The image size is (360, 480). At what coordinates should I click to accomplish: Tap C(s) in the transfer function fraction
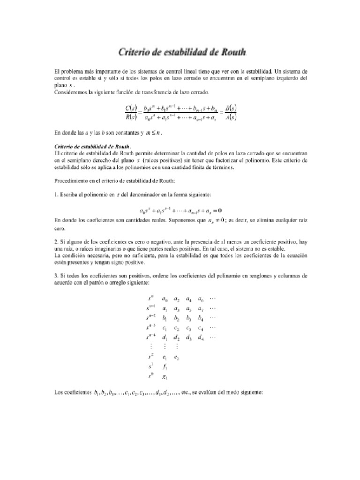tap(131, 109)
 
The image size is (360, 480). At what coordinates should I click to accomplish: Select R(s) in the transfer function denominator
tap(131, 118)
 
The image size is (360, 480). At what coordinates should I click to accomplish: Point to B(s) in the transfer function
tap(230, 109)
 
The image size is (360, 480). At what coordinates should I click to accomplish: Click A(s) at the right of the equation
tap(230, 118)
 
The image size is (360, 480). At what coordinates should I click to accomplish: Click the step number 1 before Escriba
tap(56, 195)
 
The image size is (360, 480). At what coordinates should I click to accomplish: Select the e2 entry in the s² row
tap(176, 357)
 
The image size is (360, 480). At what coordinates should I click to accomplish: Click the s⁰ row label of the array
tap(150, 376)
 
